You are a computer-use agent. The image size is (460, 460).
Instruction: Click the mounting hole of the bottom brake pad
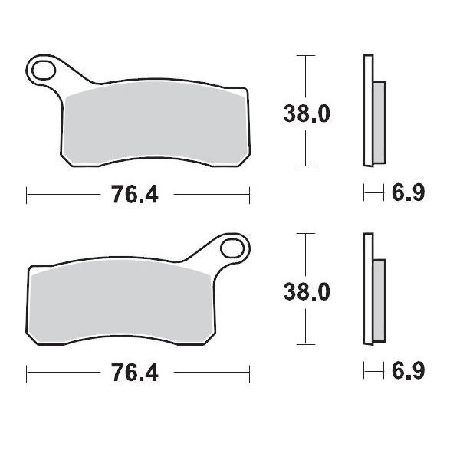[232, 250]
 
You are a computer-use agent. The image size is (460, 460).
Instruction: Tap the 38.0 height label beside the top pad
[306, 113]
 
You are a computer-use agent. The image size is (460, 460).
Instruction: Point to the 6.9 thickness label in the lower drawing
[408, 373]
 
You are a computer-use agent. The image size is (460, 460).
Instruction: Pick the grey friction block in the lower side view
[378, 301]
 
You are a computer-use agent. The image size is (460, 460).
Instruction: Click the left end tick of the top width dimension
[27, 195]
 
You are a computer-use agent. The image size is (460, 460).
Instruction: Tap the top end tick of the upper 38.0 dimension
[306, 55]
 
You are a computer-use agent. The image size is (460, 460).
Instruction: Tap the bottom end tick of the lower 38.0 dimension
[306, 345]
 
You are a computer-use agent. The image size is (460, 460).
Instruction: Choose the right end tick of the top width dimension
[248, 195]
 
